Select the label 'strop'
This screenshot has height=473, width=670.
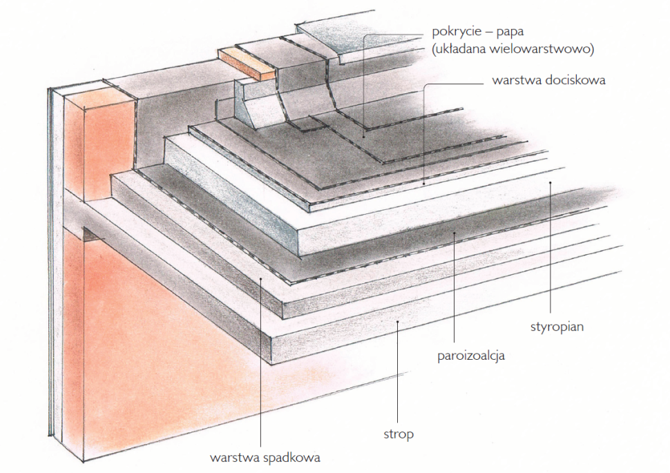399,434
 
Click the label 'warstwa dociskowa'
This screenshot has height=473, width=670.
548,80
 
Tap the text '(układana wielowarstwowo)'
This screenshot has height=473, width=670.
511,50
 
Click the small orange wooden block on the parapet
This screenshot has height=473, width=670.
246,64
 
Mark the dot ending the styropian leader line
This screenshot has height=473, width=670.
550,182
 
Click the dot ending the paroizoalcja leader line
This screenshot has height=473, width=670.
454,233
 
